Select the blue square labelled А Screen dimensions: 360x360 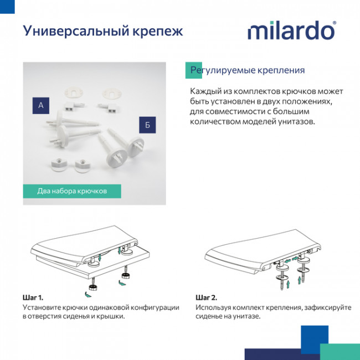[x=41, y=105]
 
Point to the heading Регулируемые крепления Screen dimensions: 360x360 [x=248, y=71]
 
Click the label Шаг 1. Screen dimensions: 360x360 [x=33, y=297]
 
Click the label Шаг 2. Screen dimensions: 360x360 [x=206, y=297]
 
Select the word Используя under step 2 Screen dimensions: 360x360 [x=216, y=307]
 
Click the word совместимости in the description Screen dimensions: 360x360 [x=231, y=112]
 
